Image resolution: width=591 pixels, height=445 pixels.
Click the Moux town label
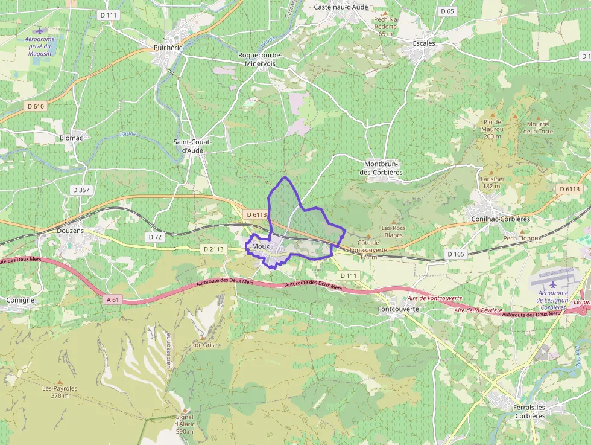[261, 246]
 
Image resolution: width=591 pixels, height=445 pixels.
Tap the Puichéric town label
[168, 47]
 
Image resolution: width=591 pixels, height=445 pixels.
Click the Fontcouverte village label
[396, 309]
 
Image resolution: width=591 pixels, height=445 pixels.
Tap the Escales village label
[424, 44]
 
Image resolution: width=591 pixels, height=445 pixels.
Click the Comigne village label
[20, 299]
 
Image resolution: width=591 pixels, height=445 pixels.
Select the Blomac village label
[71, 138]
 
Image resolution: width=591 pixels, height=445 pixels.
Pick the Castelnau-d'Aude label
[341, 7]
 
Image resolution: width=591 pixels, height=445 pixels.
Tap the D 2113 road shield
[213, 249]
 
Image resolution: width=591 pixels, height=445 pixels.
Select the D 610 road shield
[36, 106]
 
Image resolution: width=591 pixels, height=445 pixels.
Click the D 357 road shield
[80, 190]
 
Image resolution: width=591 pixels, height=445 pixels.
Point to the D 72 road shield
[155, 237]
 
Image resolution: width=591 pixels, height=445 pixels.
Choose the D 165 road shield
[456, 254]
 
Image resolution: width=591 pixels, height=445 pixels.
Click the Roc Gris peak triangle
[203, 337]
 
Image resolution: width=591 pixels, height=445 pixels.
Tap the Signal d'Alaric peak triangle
[185, 409]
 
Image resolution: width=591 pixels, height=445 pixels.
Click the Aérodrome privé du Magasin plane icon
[40, 31]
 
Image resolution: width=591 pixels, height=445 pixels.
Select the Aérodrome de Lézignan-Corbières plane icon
[553, 284]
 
